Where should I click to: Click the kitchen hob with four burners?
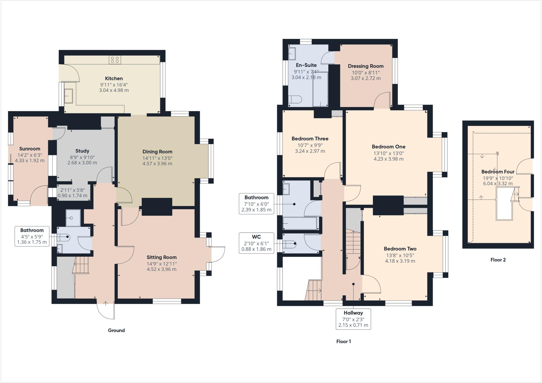tap(115, 60)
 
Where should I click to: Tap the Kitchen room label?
tap(114, 78)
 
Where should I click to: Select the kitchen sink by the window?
tap(69, 96)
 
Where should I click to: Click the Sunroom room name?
tap(30, 149)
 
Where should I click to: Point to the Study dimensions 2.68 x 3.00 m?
tap(82, 163)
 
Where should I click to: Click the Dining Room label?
tap(157, 152)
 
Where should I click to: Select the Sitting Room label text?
tap(161, 257)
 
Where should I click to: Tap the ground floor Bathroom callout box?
tap(32, 236)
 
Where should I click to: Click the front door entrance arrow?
tap(106, 304)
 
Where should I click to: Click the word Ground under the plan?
tap(116, 330)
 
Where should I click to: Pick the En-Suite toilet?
tap(295, 100)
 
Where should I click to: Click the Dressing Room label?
tap(365, 66)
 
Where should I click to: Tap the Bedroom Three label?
tap(310, 139)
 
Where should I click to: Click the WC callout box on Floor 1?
tap(256, 243)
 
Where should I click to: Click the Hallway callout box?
tap(353, 319)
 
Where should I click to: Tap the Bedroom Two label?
tap(400, 249)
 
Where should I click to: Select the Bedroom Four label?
tap(498, 172)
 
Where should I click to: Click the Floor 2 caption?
tap(498, 260)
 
